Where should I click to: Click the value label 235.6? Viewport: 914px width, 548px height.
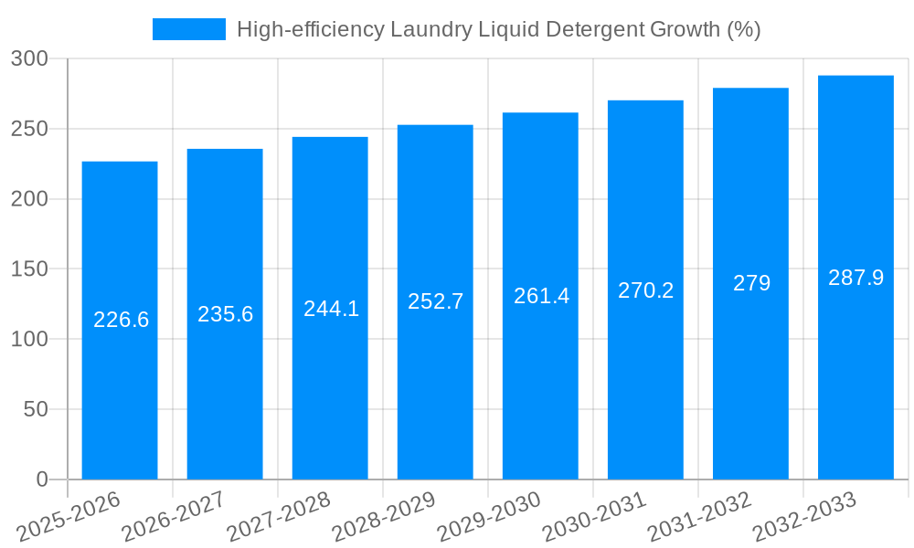(225, 314)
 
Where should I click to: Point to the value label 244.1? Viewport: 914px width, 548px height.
(331, 309)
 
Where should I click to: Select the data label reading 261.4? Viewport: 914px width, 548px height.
(541, 296)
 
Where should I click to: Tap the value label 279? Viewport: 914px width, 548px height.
(751, 283)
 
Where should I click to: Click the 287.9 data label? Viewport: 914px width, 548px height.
(856, 278)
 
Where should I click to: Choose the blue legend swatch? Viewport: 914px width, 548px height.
(188, 29)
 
